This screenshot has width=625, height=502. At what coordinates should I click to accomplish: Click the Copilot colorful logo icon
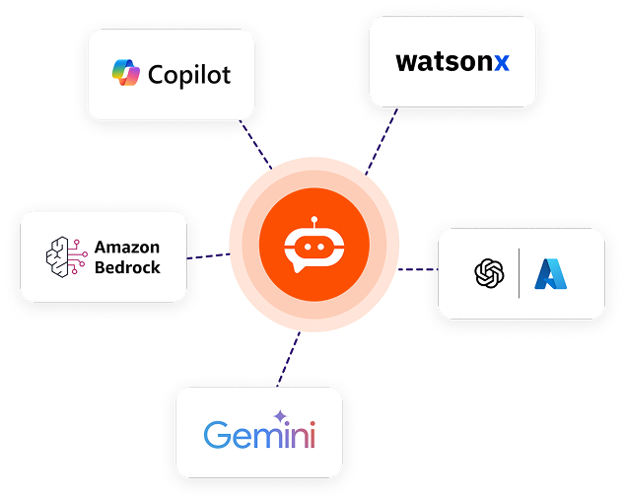[127, 74]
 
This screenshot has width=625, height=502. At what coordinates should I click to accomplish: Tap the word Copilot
[189, 74]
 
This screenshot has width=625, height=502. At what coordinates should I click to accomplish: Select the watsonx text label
[452, 62]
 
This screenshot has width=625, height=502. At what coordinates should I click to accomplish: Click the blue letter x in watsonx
[502, 63]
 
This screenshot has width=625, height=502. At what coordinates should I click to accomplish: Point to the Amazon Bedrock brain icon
[66, 255]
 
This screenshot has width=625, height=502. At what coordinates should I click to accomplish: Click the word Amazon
[127, 247]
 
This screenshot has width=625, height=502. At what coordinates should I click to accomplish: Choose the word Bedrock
[127, 266]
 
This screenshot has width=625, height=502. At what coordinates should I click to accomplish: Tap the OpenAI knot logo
[489, 273]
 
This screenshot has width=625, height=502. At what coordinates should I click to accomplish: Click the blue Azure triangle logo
[551, 273]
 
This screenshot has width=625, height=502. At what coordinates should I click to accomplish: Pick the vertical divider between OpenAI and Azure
[520, 273]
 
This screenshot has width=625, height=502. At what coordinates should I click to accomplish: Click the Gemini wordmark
[259, 435]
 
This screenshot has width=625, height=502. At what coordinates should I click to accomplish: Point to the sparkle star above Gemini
[280, 416]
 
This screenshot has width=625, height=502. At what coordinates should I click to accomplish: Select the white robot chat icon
[313, 245]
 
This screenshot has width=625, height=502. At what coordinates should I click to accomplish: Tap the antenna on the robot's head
[314, 221]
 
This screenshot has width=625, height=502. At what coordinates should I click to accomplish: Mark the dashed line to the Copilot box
[258, 144]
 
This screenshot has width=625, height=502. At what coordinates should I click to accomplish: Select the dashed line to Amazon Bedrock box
[207, 256]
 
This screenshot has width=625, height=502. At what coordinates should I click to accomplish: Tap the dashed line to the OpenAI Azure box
[418, 268]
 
